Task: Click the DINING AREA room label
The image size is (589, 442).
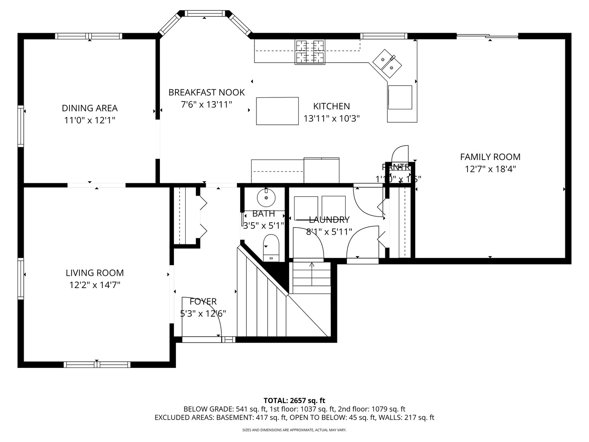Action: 90,108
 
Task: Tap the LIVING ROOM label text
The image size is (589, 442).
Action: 94,273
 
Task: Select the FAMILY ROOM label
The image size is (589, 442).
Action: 490,157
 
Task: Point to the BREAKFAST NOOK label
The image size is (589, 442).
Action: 207,92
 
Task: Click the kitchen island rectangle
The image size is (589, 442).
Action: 277,111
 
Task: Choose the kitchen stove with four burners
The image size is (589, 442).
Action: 310,52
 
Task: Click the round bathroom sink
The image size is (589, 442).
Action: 266,198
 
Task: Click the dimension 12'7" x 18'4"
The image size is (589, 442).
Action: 490,169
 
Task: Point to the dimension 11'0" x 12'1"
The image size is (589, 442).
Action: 90,120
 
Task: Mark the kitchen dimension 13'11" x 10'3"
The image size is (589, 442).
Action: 331,119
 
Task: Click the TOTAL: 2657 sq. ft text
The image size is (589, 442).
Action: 294,401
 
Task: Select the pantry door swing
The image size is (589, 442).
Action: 400,155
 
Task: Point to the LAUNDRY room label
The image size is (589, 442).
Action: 329,220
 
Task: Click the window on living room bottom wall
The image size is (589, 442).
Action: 97,364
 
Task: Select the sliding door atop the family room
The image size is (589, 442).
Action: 487,36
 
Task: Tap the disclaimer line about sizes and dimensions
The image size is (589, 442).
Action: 294,430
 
